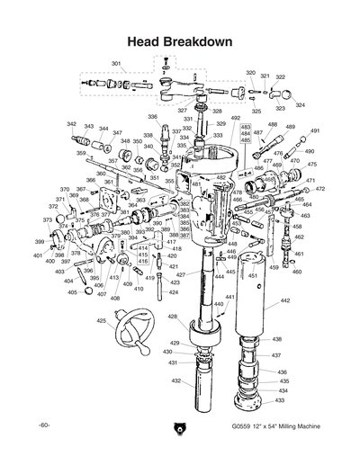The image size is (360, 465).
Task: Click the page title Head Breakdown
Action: (x=180, y=41)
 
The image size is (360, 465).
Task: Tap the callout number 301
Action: (x=116, y=63)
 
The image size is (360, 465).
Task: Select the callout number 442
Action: (x=284, y=300)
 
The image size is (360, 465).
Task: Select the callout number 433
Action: (x=282, y=399)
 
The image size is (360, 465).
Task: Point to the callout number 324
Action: (x=300, y=105)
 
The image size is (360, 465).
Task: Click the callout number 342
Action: (x=71, y=124)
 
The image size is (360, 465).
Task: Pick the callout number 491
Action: (x=315, y=131)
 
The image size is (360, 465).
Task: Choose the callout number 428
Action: (x=172, y=317)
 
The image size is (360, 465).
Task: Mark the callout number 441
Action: (x=229, y=297)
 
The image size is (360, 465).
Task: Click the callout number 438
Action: (x=276, y=339)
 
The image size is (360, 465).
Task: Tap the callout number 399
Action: (x=40, y=243)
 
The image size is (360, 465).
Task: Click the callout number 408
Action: (x=115, y=298)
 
